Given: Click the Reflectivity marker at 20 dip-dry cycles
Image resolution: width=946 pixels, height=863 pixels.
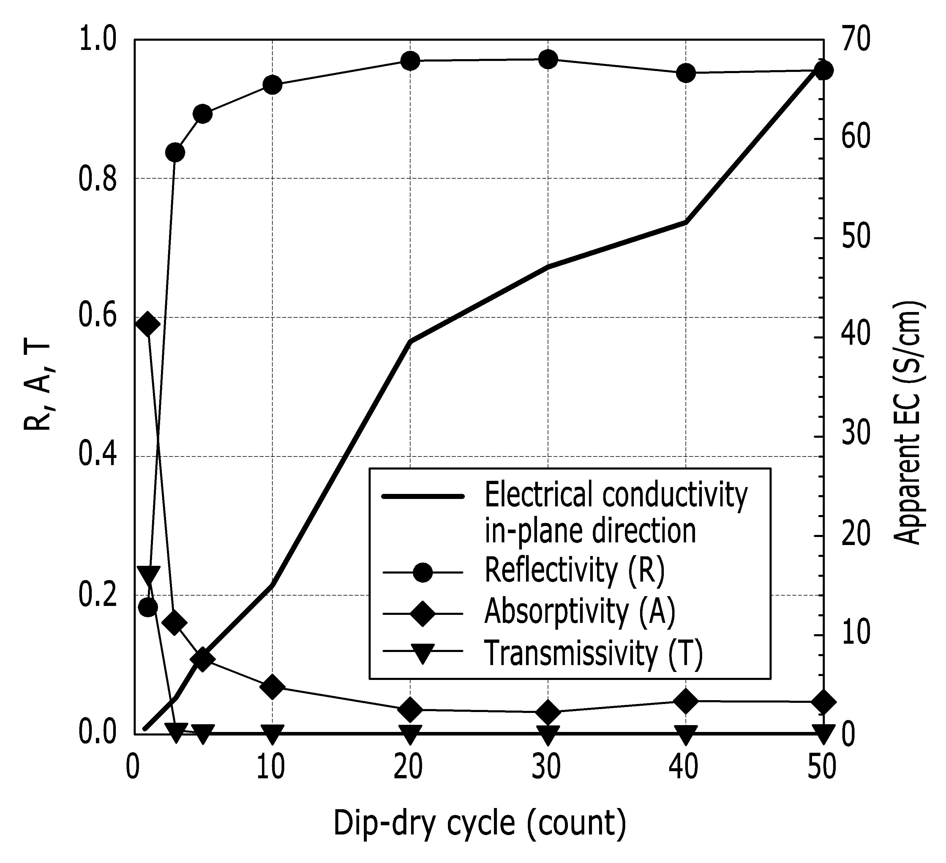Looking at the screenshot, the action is pyautogui.click(x=410, y=61).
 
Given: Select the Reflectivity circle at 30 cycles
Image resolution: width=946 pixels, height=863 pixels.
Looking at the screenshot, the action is pyautogui.click(x=548, y=59).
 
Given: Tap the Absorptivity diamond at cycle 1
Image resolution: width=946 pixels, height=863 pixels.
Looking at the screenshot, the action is pyautogui.click(x=148, y=324).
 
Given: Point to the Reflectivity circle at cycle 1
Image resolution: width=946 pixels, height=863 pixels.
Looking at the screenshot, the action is pyautogui.click(x=148, y=607).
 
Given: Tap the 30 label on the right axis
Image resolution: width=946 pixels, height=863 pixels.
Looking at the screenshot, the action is pyautogui.click(x=855, y=435).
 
